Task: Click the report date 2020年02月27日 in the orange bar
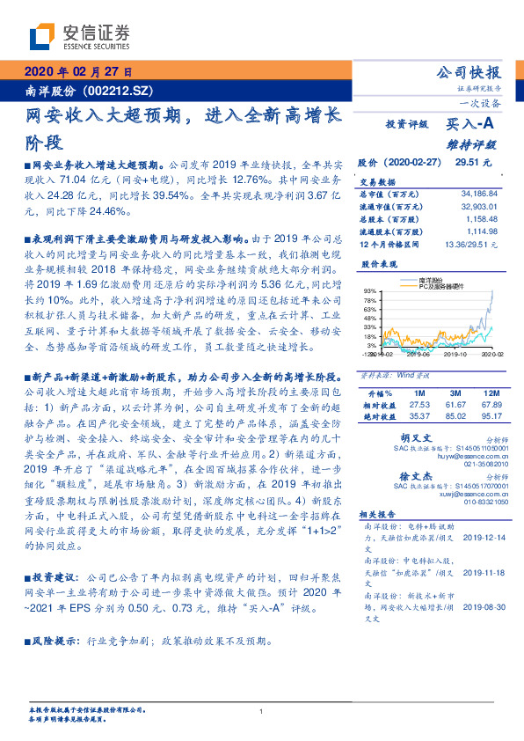[x=78, y=72]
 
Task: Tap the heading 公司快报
[x=469, y=72]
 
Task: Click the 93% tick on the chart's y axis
[x=369, y=290]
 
